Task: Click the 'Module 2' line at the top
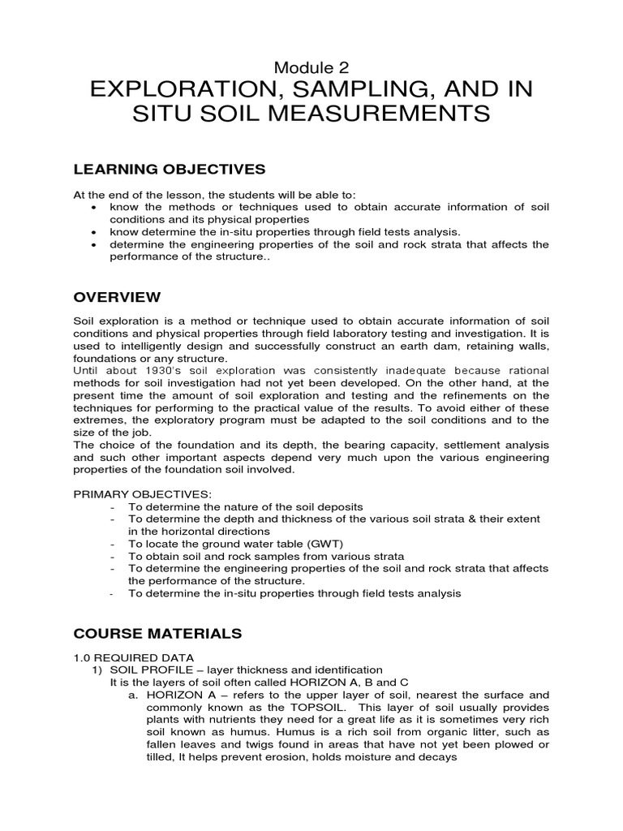[x=311, y=68]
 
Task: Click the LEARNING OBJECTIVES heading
[x=170, y=169]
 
